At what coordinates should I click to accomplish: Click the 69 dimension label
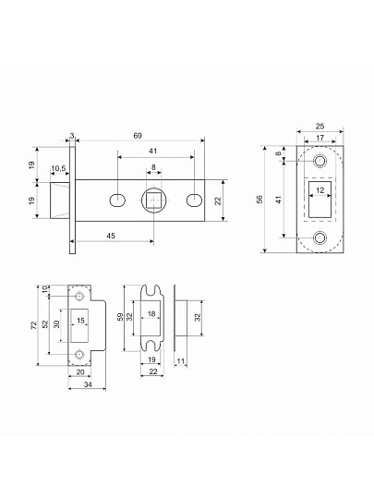(x=138, y=136)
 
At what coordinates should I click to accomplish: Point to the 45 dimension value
(x=111, y=236)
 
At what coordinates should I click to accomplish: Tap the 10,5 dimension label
(x=58, y=168)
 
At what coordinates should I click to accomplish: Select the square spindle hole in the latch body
(x=154, y=201)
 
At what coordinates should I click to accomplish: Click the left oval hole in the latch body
(x=117, y=201)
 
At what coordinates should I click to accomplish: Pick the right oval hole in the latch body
(x=194, y=201)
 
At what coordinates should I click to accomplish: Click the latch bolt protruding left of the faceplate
(x=60, y=201)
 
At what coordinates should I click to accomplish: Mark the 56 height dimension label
(x=259, y=200)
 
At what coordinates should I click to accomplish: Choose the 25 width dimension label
(x=320, y=127)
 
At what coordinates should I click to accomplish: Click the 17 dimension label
(x=320, y=138)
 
